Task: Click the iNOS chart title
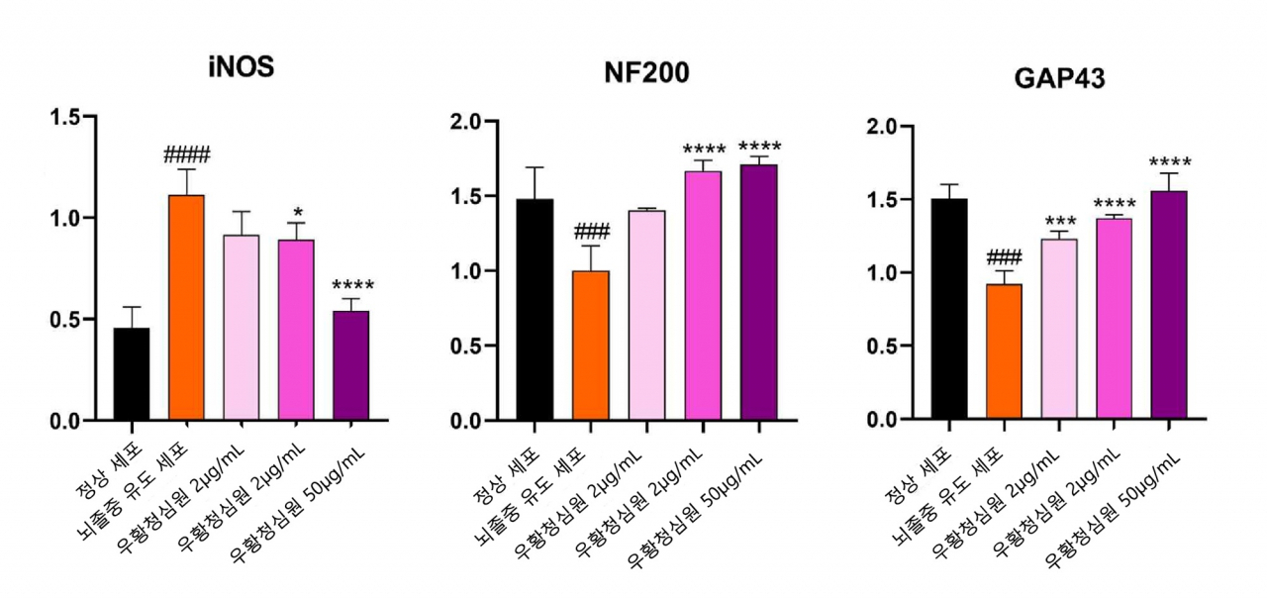tap(241, 66)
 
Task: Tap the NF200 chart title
tap(646, 72)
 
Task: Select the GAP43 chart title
tap(1059, 78)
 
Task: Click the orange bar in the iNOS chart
tap(187, 307)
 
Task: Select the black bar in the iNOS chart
tap(132, 374)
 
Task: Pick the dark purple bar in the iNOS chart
tap(350, 365)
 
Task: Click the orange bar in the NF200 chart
tap(591, 346)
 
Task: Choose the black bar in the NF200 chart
tap(535, 309)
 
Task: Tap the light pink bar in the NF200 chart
tap(646, 315)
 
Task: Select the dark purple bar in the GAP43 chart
tap(1169, 305)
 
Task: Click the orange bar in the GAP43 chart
tap(1004, 351)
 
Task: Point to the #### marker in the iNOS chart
tap(187, 154)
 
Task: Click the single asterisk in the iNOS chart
tap(298, 213)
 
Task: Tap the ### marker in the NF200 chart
tap(592, 232)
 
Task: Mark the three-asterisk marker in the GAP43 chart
tap(1060, 221)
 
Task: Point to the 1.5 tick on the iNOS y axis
tap(65, 117)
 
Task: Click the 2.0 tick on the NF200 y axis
tap(466, 122)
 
